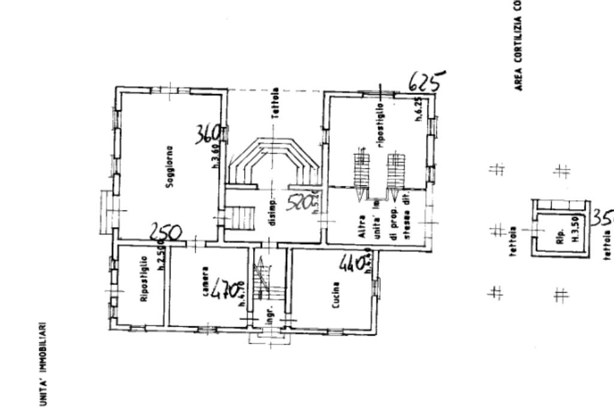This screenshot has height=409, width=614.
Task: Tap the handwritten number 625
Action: point(426,81)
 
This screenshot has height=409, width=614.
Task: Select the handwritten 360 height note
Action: point(209,135)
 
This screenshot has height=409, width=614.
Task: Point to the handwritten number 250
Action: point(165,232)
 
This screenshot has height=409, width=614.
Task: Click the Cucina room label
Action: point(336,294)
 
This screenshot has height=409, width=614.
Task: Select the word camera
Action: point(206,282)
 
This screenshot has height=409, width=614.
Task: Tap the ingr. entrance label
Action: point(271,313)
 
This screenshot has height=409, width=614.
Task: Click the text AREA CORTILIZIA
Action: point(517,46)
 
